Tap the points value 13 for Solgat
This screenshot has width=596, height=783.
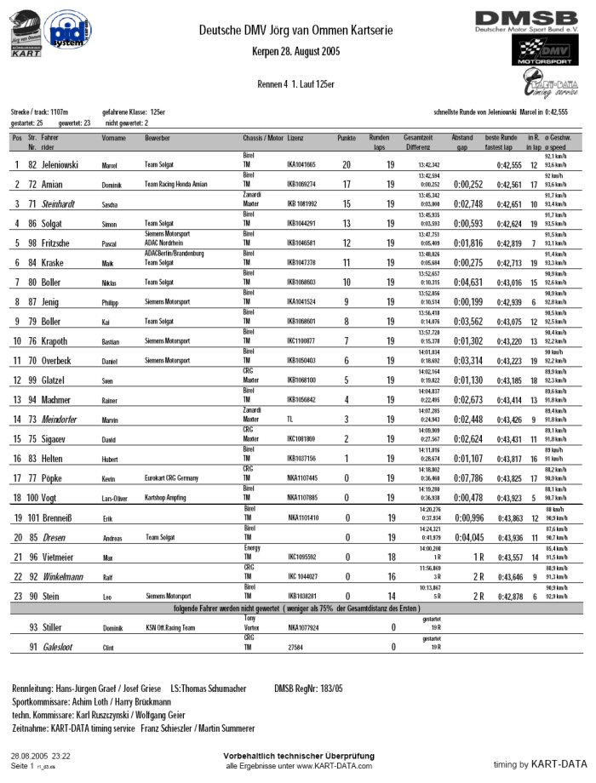[347, 223]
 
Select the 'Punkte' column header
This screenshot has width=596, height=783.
[347, 137]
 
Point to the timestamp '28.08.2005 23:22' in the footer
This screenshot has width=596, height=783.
[41, 755]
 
